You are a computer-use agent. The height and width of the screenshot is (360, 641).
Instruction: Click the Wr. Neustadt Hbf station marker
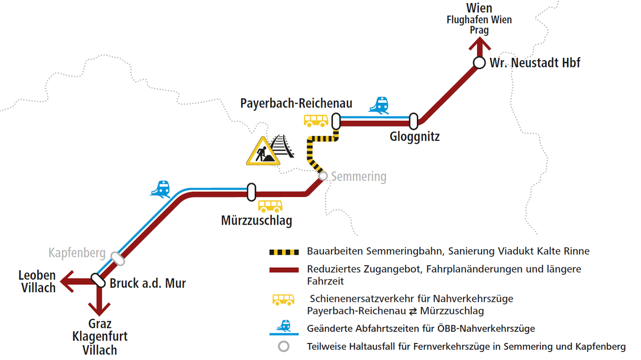point(479,63)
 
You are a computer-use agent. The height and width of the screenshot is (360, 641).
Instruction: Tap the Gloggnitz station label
point(414,136)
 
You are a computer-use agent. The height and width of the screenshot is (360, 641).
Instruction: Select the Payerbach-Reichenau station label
point(296,103)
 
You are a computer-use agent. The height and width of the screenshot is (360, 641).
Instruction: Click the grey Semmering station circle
point(323,176)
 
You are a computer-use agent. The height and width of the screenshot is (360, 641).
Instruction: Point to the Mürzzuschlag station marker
point(251,192)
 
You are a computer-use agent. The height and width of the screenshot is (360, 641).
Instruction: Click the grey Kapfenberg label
point(77,252)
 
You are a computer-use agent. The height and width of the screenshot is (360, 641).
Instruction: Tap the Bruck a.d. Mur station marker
point(97,280)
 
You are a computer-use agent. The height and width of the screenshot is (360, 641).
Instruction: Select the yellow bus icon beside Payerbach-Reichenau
point(316,121)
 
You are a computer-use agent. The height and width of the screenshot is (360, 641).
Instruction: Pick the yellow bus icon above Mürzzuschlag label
point(270,206)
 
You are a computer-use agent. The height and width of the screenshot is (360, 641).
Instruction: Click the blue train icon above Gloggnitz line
point(379,105)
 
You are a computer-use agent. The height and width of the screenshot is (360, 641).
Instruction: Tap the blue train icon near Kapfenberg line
point(161,189)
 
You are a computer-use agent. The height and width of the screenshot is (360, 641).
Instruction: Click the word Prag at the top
point(479,30)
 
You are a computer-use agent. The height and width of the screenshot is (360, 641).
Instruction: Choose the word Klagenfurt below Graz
point(100,336)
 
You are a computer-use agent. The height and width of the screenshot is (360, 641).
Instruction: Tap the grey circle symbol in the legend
point(284,346)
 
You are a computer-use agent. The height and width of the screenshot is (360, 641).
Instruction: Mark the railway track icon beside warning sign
point(281,145)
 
